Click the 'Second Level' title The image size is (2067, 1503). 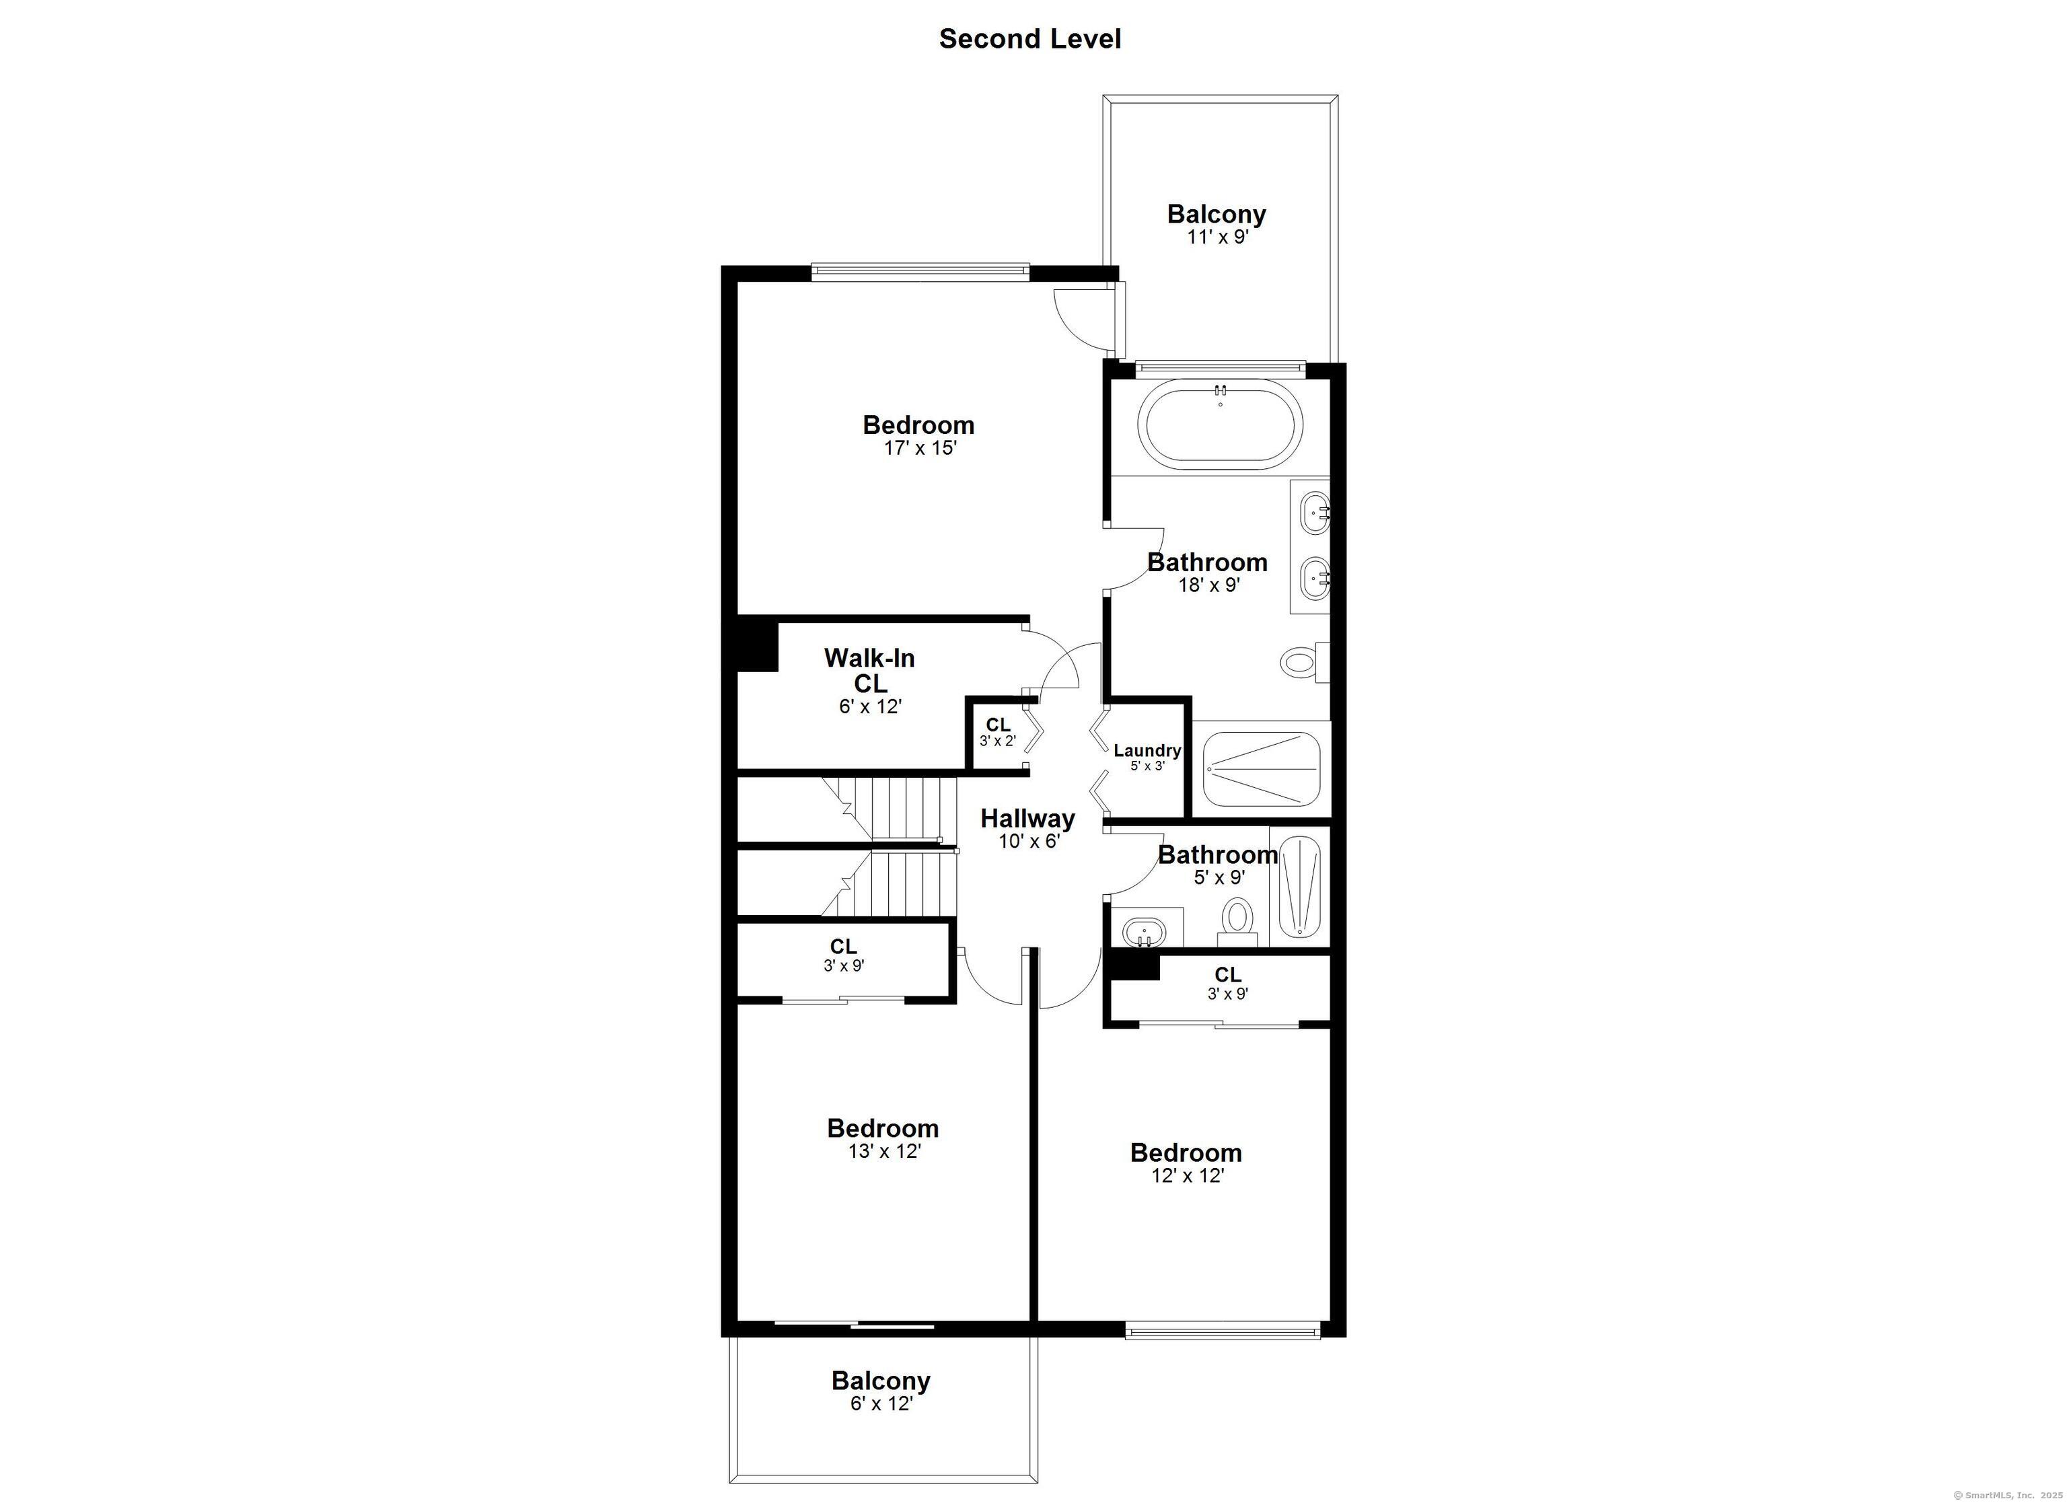click(x=1030, y=38)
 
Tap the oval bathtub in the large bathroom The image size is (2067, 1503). click(x=1219, y=424)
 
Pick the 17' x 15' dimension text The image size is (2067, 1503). click(x=920, y=449)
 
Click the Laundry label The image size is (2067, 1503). click(x=1147, y=750)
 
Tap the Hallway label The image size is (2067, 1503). click(x=1028, y=819)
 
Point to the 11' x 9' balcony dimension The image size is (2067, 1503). click(x=1217, y=237)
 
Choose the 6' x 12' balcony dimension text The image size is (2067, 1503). click(x=881, y=1403)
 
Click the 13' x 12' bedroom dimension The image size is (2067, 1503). click(x=884, y=1151)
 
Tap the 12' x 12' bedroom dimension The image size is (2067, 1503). click(x=1187, y=1176)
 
